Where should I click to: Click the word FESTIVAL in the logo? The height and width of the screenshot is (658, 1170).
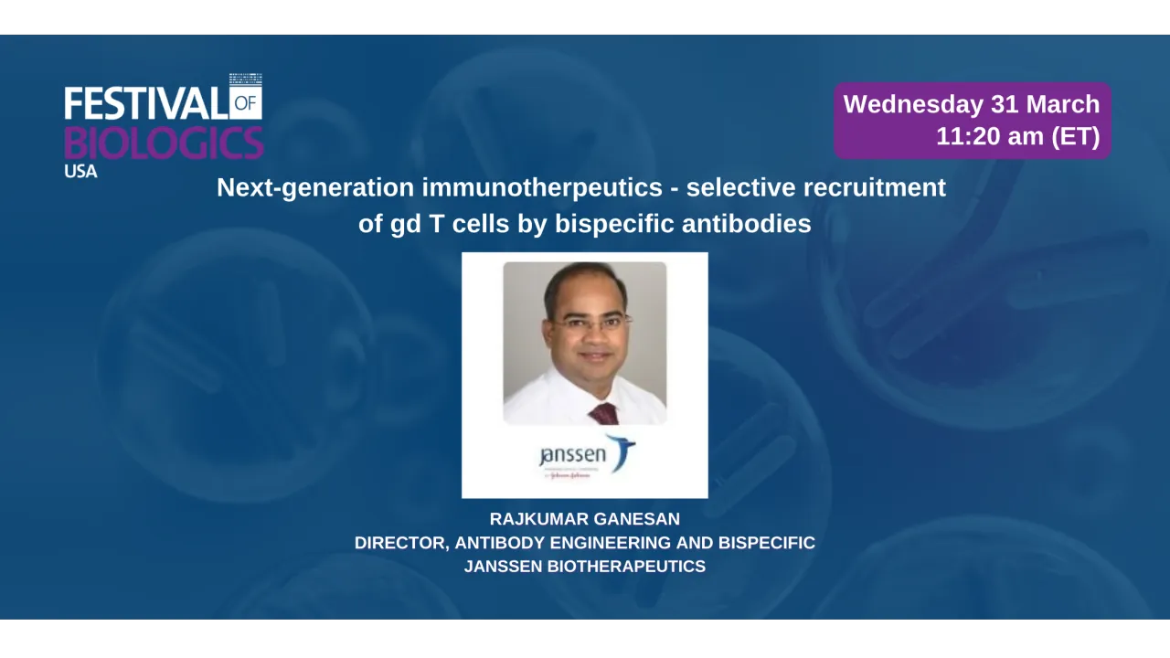pos(144,103)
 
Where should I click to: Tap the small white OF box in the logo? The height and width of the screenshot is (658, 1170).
pos(246,103)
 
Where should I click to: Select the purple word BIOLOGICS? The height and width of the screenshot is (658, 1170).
pos(164,143)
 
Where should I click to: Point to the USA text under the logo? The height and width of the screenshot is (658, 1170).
pos(80,171)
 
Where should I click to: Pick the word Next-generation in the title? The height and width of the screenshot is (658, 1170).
pos(315,188)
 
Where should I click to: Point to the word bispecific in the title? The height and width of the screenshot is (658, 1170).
pos(622,224)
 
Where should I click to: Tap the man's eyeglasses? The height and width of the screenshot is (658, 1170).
pos(591,323)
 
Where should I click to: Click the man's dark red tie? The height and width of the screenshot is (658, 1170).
pos(604,413)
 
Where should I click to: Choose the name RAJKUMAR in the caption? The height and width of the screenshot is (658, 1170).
pos(537,519)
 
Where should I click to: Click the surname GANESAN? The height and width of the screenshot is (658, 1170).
pos(636,519)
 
